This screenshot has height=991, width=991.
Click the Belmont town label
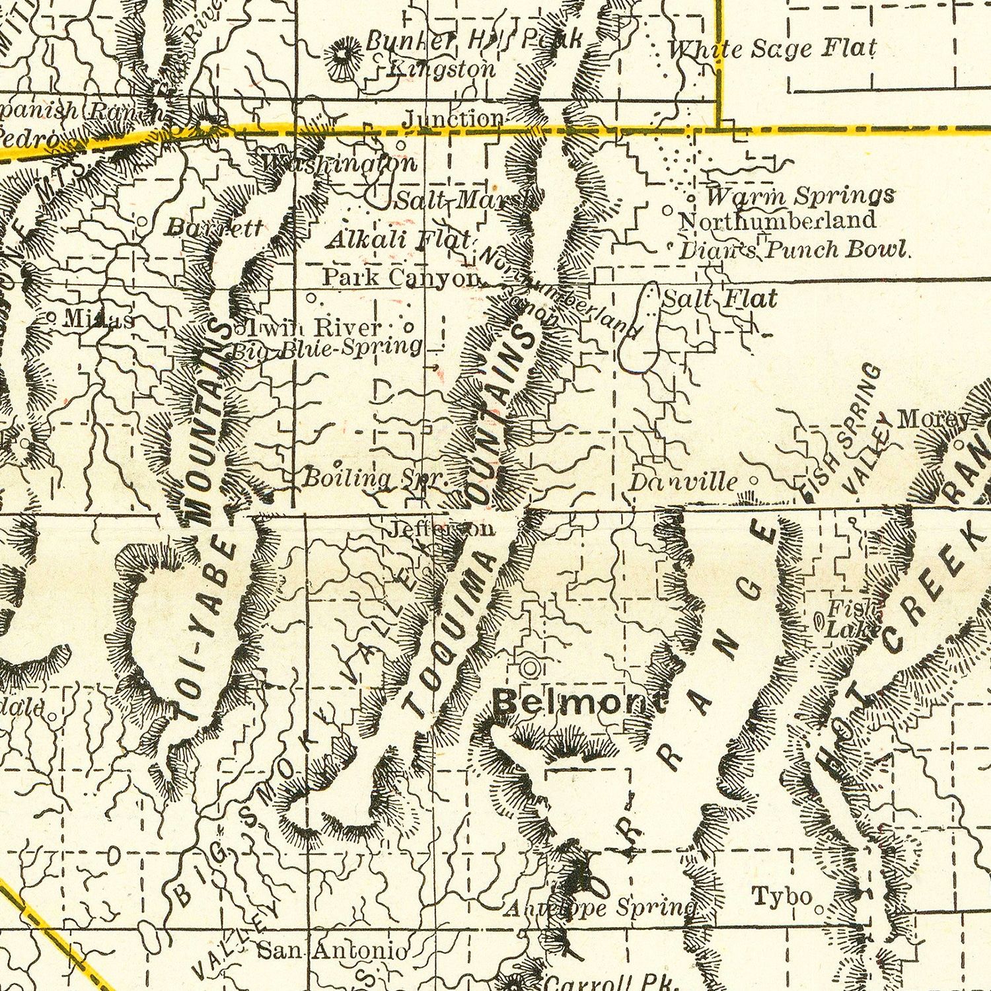tap(580, 703)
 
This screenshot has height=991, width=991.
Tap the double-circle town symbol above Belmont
tap(529, 668)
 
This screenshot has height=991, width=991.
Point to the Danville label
tap(682, 482)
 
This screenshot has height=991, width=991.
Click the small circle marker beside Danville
tap(752, 481)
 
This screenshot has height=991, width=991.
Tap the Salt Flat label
tap(719, 299)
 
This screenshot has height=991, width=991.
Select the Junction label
tap(453, 118)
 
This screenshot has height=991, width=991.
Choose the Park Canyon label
tap(400, 277)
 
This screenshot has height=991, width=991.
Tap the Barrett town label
tap(213, 228)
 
